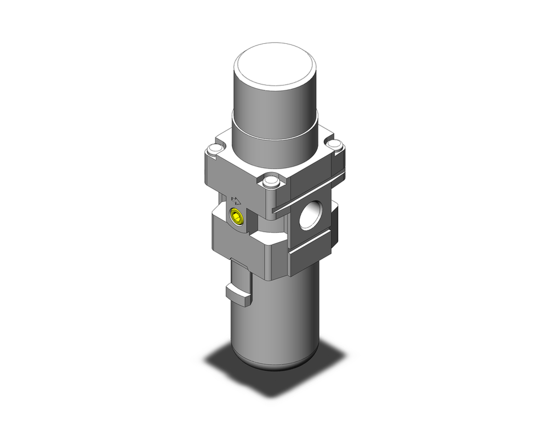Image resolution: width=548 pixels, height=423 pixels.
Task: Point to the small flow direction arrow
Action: tap(236, 201)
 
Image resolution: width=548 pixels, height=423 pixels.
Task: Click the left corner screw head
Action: tap(214, 148)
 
